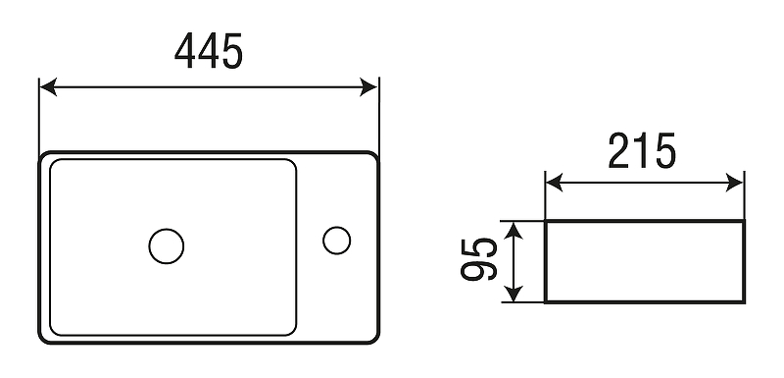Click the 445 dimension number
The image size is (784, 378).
click(x=209, y=51)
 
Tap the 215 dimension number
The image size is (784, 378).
click(x=642, y=150)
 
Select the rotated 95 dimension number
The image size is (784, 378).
click(x=478, y=259)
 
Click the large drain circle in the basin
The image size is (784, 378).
click(x=166, y=246)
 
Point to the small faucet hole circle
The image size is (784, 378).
click(x=336, y=241)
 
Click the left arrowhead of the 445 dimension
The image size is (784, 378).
click(x=48, y=87)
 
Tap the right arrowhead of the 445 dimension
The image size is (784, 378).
click(x=368, y=87)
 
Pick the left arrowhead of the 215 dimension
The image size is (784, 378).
click(x=555, y=183)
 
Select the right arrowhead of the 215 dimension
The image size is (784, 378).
click(x=734, y=183)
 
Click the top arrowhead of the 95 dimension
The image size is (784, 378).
click(x=513, y=231)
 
